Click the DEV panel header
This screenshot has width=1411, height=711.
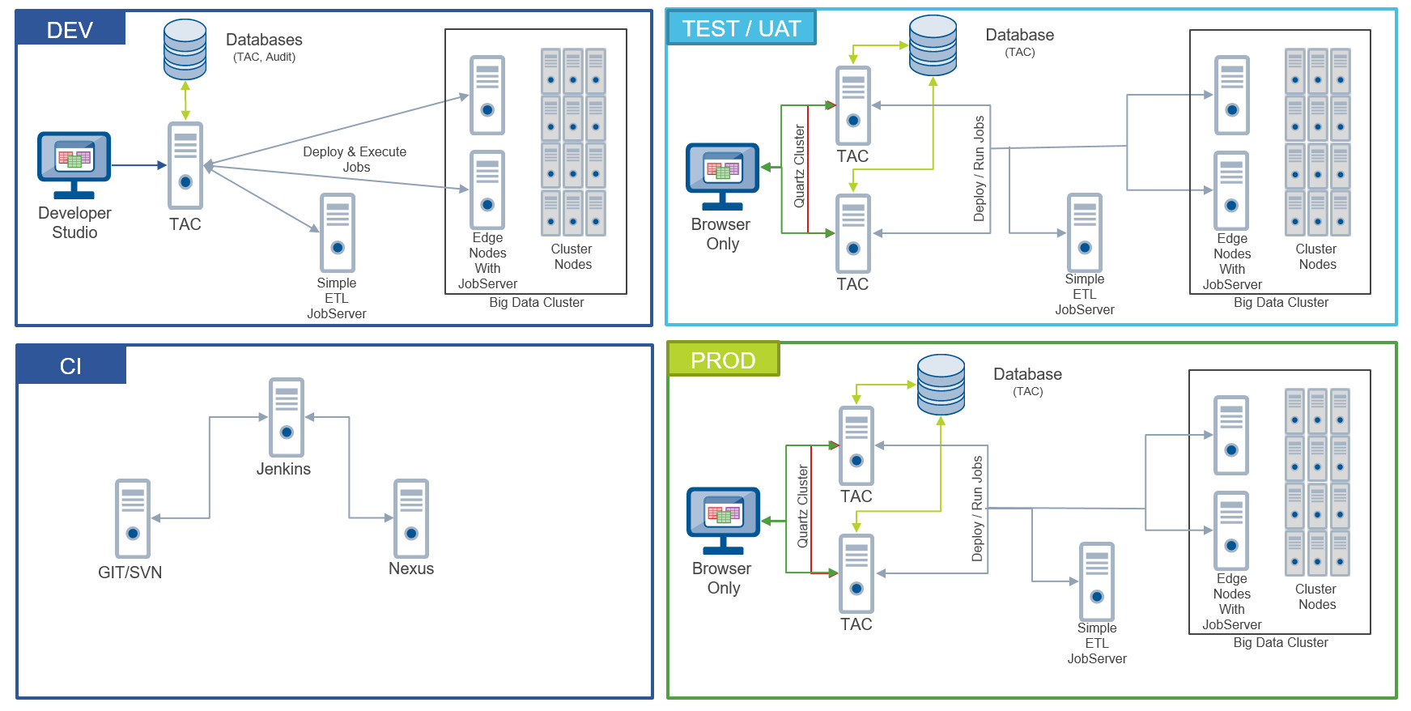pos(70,29)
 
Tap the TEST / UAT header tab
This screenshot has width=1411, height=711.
pos(741,28)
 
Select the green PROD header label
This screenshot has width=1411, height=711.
pos(723,360)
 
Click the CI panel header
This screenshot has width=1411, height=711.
pos(70,365)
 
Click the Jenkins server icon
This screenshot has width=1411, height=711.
pos(286,418)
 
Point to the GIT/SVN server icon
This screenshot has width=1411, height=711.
pos(133,518)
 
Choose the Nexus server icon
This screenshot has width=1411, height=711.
pos(410,518)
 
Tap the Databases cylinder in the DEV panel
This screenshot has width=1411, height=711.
pos(185,49)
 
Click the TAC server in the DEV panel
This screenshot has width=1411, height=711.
pos(185,166)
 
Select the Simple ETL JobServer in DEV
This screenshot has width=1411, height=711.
pos(337,232)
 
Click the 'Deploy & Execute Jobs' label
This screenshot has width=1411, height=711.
pos(355,159)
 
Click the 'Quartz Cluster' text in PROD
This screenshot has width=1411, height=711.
pos(803,506)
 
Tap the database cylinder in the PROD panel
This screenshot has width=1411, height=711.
pos(941,385)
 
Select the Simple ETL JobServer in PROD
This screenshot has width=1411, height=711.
pos(1096,581)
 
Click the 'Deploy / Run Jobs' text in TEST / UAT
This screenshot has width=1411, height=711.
pos(979,168)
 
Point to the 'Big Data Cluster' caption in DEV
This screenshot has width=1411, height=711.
pos(536,302)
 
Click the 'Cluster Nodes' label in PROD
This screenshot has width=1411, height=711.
pos(1316,597)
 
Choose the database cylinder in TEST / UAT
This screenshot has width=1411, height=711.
pos(933,45)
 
